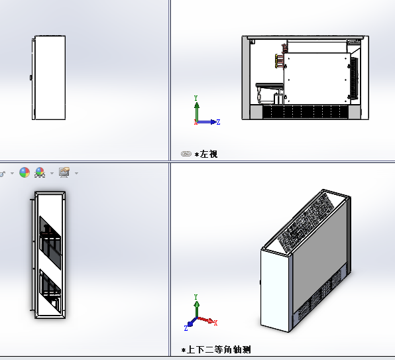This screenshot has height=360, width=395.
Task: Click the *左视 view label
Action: click(206, 154)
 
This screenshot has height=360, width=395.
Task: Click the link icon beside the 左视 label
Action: click(186, 154)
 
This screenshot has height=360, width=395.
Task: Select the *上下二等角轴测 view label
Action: click(216, 349)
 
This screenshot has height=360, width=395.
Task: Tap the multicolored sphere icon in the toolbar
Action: click(25, 172)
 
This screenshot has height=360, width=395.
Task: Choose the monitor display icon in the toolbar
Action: click(64, 172)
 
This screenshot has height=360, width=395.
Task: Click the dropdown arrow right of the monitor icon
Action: click(77, 173)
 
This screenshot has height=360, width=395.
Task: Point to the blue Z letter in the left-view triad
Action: click(218, 122)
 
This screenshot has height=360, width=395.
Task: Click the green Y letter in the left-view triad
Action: click(196, 98)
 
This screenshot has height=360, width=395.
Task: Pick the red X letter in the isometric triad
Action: click(215, 323)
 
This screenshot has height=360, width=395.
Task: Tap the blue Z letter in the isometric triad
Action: click(186, 328)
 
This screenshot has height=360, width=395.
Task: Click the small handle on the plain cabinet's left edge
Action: click(31, 78)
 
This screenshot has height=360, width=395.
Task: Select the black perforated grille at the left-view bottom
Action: click(306, 112)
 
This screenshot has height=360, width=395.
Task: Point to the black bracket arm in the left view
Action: click(269, 86)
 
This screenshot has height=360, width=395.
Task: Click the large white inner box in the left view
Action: click(317, 78)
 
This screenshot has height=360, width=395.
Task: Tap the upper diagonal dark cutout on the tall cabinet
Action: click(50, 243)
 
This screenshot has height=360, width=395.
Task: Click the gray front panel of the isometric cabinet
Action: click(320, 255)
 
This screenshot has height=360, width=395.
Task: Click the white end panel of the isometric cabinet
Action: click(274, 290)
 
